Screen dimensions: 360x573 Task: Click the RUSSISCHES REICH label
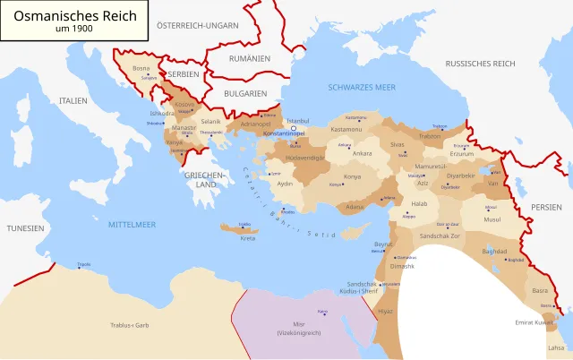point(480,64)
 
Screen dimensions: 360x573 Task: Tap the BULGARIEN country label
point(245,93)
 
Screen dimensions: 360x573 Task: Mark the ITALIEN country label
point(73,101)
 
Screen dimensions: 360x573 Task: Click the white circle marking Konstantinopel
point(292,128)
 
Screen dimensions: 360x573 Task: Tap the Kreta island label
point(248,238)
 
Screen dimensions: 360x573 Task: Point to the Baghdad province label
point(493,252)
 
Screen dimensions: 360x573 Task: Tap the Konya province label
point(352,176)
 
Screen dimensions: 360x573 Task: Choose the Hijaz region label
point(384,311)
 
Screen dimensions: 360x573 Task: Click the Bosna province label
point(141,68)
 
